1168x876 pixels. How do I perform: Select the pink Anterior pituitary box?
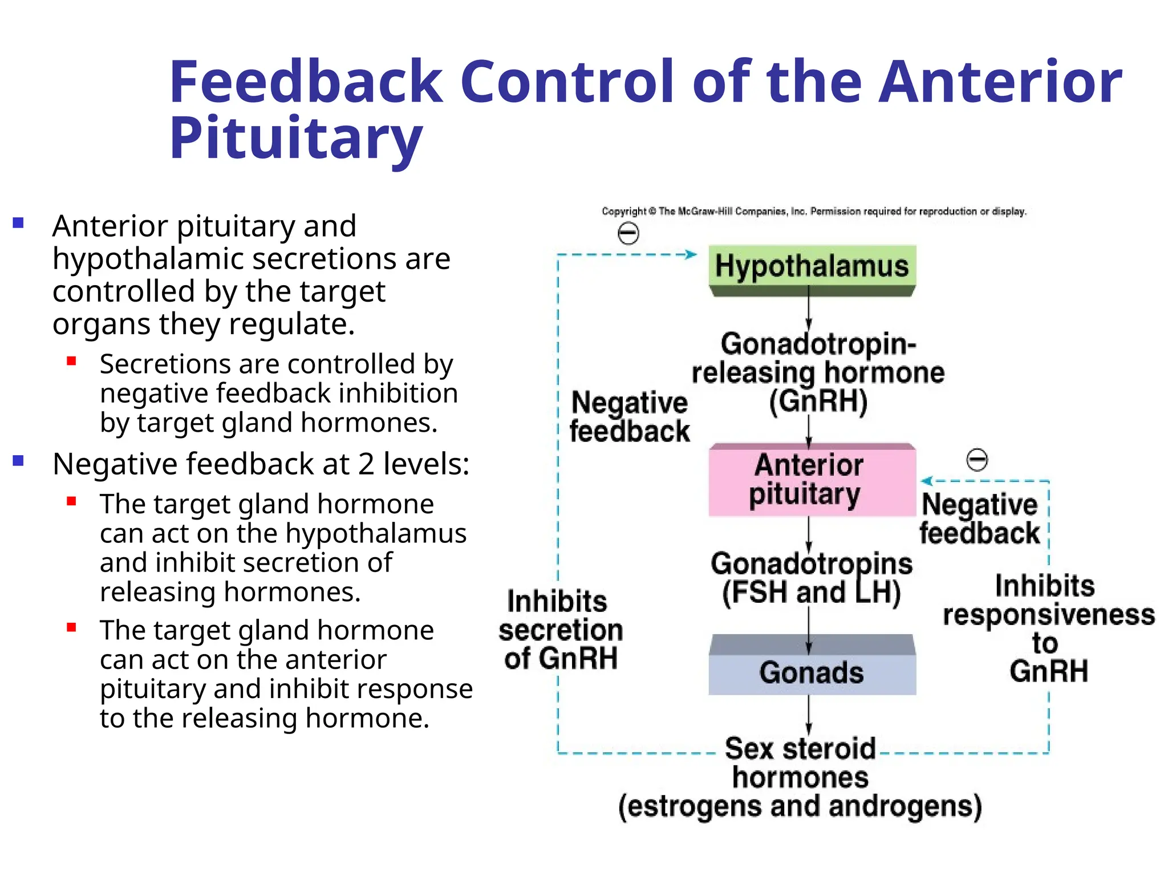point(812,480)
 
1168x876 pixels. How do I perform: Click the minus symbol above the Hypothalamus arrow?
point(628,233)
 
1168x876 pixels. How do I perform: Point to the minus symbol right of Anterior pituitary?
point(977,460)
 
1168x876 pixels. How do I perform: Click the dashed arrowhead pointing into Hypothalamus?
point(691,254)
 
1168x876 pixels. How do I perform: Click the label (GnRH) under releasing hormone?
point(818,401)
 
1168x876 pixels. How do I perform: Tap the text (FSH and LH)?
point(811,592)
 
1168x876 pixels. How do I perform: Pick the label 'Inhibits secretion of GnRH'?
point(560,630)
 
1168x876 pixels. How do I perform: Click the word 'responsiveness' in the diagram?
point(1048,615)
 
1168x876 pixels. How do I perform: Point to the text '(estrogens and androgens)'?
point(800,806)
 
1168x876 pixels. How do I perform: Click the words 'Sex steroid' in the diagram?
point(800,748)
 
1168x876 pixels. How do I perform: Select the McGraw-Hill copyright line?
point(814,212)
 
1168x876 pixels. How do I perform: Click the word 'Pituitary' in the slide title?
point(296,138)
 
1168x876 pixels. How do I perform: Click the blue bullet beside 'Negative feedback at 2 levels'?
point(18,460)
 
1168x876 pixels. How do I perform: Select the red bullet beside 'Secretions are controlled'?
point(71,360)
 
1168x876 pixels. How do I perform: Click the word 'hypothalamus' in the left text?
point(376,533)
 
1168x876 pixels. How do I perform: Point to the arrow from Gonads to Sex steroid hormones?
point(809,716)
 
